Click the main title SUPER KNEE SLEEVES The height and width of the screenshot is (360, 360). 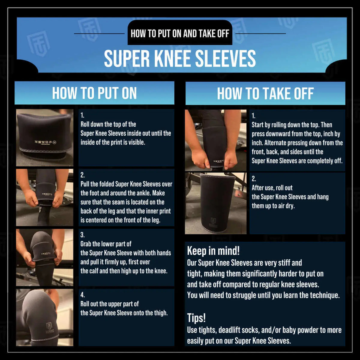tap(180, 59)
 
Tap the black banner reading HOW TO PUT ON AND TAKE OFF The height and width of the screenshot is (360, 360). tap(180, 33)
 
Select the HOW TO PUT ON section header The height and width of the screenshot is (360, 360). tap(94, 93)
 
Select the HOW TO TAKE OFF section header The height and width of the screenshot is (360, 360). tap(265, 93)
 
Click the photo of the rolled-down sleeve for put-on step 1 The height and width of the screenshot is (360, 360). tap(44, 137)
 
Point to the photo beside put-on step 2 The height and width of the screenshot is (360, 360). tap(44, 197)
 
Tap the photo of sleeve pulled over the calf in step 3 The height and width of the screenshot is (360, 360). tap(44, 257)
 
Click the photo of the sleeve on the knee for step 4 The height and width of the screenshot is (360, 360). tap(44, 317)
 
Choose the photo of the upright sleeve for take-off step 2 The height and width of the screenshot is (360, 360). tap(215, 203)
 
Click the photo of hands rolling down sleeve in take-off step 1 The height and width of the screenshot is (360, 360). tap(215, 140)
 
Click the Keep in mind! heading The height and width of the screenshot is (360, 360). tap(213, 251)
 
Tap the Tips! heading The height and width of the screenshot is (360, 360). tap(196, 318)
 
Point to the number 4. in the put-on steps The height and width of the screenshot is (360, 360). tap(82, 295)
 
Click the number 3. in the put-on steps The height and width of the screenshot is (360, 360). tap(82, 235)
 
